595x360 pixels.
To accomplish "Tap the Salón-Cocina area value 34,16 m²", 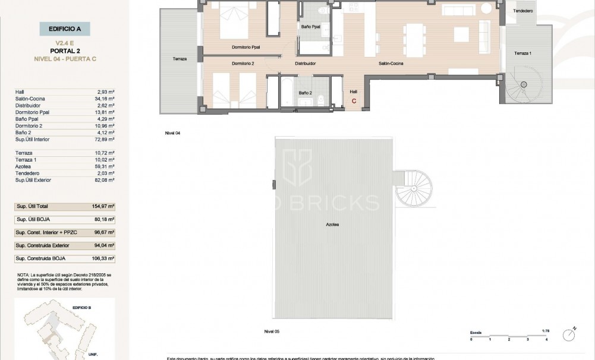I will point(105,99).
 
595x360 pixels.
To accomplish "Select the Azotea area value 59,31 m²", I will point(105,166).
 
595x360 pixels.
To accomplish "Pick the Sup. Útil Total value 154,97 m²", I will point(103,206).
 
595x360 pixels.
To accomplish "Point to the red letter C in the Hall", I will point(354,101).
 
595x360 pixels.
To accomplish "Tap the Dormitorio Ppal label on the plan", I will point(245,47).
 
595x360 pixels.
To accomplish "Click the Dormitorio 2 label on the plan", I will point(243,64).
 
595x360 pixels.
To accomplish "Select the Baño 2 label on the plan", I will point(306,93).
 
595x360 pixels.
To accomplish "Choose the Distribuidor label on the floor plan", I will point(306,64).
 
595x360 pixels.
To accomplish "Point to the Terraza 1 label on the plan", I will point(523,53).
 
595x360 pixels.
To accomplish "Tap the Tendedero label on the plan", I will point(523,11).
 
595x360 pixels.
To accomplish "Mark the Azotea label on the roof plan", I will point(333,225).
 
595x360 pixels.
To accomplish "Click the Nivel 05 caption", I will point(272,330).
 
